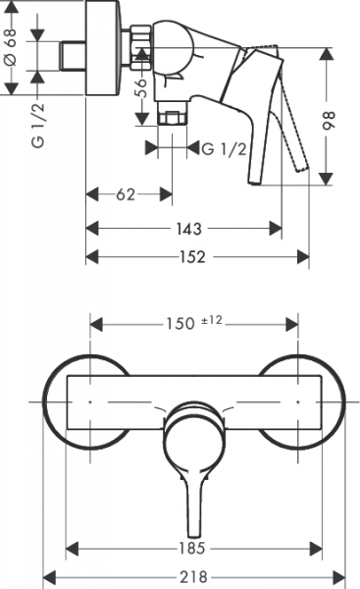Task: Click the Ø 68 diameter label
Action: click(x=12, y=46)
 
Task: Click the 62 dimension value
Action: click(x=126, y=194)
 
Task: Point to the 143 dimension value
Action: click(x=188, y=229)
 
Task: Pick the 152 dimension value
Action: click(x=192, y=257)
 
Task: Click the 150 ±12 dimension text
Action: click(x=194, y=323)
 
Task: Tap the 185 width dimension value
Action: click(x=191, y=548)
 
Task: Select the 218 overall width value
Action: click(x=193, y=576)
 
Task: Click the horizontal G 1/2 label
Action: click(x=224, y=149)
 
